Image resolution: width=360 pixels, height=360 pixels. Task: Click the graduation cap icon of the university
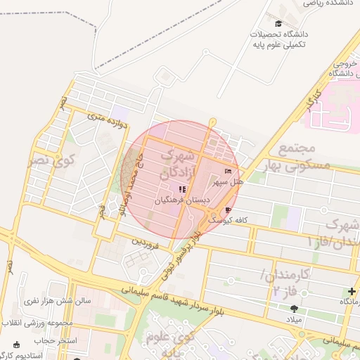pyautogui.click(x=268, y=23)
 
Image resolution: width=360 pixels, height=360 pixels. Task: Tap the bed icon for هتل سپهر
pyautogui.click(x=227, y=172)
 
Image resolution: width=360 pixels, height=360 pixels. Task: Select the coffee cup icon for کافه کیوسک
pyautogui.click(x=227, y=210)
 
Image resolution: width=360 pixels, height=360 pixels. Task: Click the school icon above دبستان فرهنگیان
pyautogui.click(x=182, y=189)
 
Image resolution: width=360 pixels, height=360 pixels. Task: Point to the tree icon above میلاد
pyautogui.click(x=294, y=309)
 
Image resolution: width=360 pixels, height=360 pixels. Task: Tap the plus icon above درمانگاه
pyautogui.click(x=352, y=292)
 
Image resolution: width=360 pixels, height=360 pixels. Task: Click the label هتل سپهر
pyautogui.click(x=229, y=182)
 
